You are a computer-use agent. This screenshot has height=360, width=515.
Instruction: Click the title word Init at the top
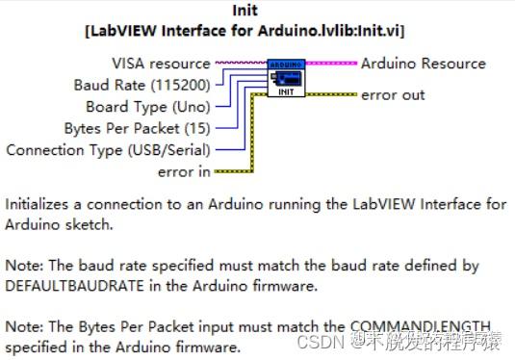245,11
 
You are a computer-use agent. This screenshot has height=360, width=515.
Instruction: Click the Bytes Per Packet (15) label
137,127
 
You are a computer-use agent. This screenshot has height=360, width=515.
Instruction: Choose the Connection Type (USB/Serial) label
108,149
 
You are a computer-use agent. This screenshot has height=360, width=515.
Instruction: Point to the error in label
183,171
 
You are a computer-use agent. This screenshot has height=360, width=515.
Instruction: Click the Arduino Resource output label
424,64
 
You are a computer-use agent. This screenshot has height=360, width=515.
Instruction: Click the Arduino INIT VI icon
286,79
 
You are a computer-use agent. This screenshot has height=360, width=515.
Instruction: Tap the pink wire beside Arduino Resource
332,64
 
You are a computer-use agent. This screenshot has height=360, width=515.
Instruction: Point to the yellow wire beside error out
332,95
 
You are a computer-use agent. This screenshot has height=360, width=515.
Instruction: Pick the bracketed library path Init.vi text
244,31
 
